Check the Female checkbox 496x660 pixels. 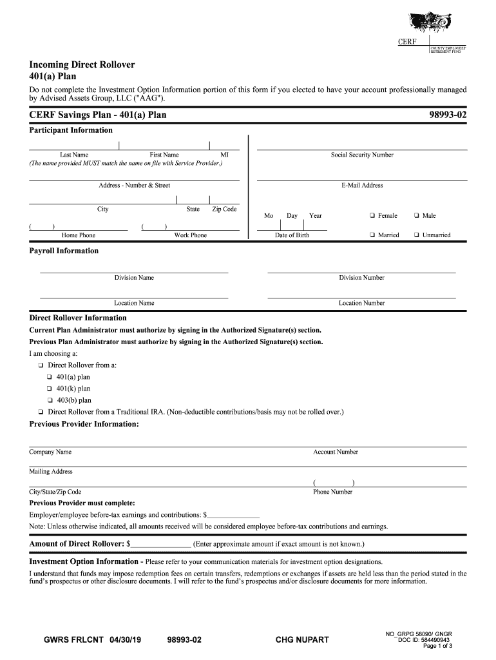373,216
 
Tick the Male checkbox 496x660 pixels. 417,216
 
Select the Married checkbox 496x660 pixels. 373,235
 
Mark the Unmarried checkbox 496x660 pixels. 417,235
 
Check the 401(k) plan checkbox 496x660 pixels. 49,389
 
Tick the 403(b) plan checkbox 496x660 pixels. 49,400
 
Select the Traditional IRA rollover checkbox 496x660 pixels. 41,412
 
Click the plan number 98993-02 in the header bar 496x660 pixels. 448,115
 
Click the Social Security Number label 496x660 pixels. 362,155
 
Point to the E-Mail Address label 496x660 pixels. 362,186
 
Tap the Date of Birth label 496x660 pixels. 292,235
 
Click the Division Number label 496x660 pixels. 361,278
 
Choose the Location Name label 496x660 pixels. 134,303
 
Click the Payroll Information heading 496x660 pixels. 64,251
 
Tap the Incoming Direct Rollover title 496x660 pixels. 82,65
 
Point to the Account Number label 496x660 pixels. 336,452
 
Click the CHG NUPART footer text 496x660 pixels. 302,640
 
